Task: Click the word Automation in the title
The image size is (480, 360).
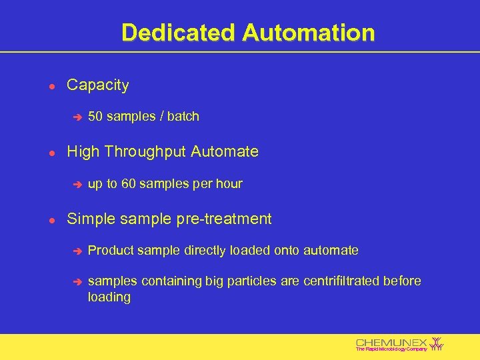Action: point(309,32)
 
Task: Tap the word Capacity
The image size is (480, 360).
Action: point(98,85)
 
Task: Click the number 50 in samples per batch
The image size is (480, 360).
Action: point(95,117)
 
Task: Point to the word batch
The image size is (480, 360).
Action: point(183,117)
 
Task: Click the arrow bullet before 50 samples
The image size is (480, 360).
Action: point(77,117)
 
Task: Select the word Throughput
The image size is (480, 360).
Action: point(146,152)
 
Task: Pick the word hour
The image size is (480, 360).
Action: point(229,183)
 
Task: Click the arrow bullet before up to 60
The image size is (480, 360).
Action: point(77,184)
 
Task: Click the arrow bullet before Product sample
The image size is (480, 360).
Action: point(77,251)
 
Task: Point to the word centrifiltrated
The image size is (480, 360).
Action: point(341,281)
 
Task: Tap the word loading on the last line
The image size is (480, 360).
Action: point(109,297)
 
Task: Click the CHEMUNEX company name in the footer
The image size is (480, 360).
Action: point(391,342)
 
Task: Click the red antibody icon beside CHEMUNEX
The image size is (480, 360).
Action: point(437,343)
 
